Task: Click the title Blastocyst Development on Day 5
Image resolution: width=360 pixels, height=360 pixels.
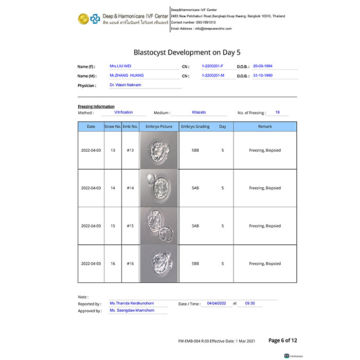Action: point(187,52)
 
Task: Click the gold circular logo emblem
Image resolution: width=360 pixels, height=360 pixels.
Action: point(83,19)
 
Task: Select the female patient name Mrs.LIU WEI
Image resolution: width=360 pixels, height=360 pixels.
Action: point(120,66)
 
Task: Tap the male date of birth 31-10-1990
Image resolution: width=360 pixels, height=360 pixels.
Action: point(262,76)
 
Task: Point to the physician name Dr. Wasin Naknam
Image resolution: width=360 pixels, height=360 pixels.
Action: point(125,85)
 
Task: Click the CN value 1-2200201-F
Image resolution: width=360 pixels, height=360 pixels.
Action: point(212,66)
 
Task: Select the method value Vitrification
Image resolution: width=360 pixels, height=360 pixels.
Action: point(123,112)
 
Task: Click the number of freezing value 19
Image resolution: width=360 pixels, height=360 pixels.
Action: point(277,112)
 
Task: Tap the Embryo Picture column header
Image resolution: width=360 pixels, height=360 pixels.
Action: point(159,127)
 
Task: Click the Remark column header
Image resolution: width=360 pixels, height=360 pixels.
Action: point(265,127)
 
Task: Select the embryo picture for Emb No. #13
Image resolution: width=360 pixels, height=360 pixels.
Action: point(159,150)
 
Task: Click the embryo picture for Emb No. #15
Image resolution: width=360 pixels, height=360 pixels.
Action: point(159,226)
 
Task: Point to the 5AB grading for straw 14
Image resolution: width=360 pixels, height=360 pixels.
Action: point(195,188)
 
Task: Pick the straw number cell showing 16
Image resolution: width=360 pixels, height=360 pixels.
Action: point(113,264)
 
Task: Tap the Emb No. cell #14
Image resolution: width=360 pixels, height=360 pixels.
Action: point(130,188)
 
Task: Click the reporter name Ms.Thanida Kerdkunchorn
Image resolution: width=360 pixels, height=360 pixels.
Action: point(132,303)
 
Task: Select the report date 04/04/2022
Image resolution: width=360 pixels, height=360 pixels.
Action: point(217,303)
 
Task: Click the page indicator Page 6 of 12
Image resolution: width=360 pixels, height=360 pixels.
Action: point(283,340)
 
